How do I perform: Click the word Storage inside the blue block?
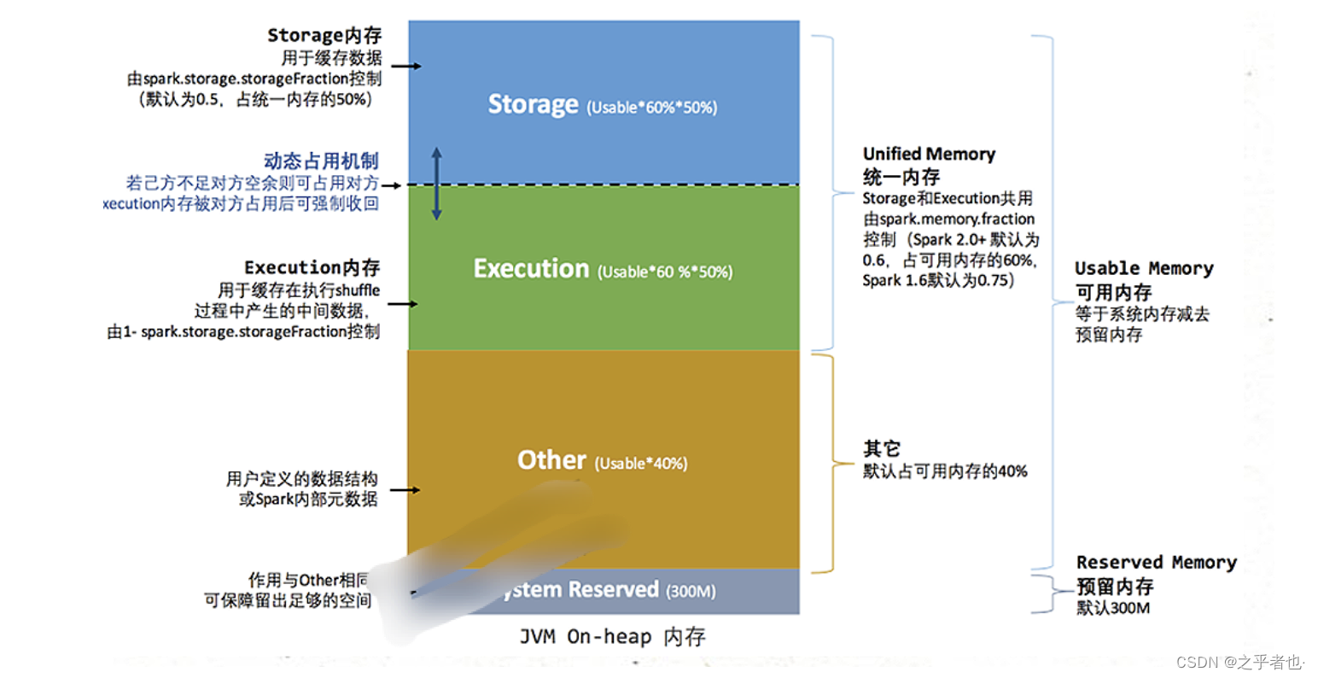pyautogui.click(x=533, y=104)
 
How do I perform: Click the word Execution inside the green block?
pyautogui.click(x=531, y=269)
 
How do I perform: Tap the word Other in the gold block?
pyautogui.click(x=551, y=460)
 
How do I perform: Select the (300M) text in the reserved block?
pyautogui.click(x=691, y=591)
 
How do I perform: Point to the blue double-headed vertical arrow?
pyautogui.click(x=436, y=184)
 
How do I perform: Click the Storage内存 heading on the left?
pyautogui.click(x=324, y=35)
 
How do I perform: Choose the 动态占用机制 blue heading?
pyautogui.click(x=321, y=161)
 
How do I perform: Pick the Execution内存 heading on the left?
pyautogui.click(x=312, y=267)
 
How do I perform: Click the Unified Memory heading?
pyautogui.click(x=929, y=154)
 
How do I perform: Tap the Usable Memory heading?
pyautogui.click(x=1144, y=268)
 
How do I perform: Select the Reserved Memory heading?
pyautogui.click(x=1156, y=562)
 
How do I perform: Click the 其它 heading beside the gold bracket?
pyautogui.click(x=881, y=448)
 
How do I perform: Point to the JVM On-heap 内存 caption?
pyautogui.click(x=612, y=637)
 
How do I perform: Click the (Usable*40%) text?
pyautogui.click(x=641, y=464)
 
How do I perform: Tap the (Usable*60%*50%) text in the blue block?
pyautogui.click(x=652, y=108)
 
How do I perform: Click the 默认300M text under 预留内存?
pyautogui.click(x=1112, y=608)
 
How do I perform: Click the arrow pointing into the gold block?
pyautogui.click(x=405, y=490)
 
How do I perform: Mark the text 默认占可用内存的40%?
pyautogui.click(x=945, y=471)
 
